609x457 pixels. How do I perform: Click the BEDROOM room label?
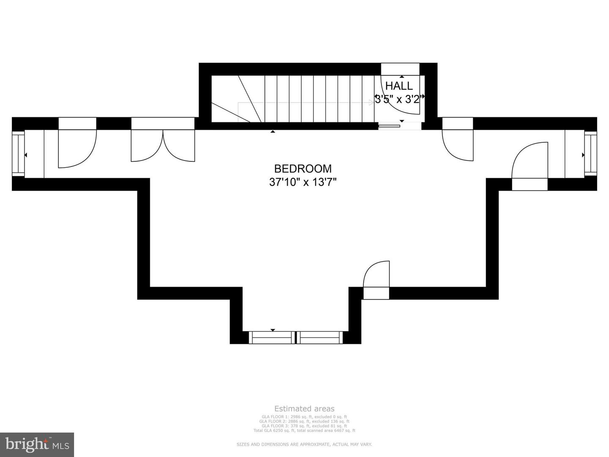click(303, 169)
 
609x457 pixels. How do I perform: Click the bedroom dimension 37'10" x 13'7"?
click(303, 182)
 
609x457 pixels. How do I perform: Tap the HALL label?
click(399, 86)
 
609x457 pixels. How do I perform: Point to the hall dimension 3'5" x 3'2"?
click(399, 100)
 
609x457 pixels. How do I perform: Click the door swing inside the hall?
click(400, 95)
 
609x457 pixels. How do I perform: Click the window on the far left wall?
click(18, 153)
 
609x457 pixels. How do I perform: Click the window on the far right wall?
click(590, 153)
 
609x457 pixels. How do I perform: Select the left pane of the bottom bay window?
click(272, 337)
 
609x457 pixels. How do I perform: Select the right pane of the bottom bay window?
click(320, 337)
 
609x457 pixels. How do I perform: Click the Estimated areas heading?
click(304, 409)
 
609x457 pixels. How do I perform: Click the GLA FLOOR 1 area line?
click(304, 417)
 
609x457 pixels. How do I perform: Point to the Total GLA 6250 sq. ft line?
click(304, 430)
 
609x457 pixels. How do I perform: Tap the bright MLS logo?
click(37, 445)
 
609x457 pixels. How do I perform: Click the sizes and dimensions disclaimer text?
click(304, 444)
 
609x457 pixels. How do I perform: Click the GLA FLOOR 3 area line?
click(304, 426)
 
